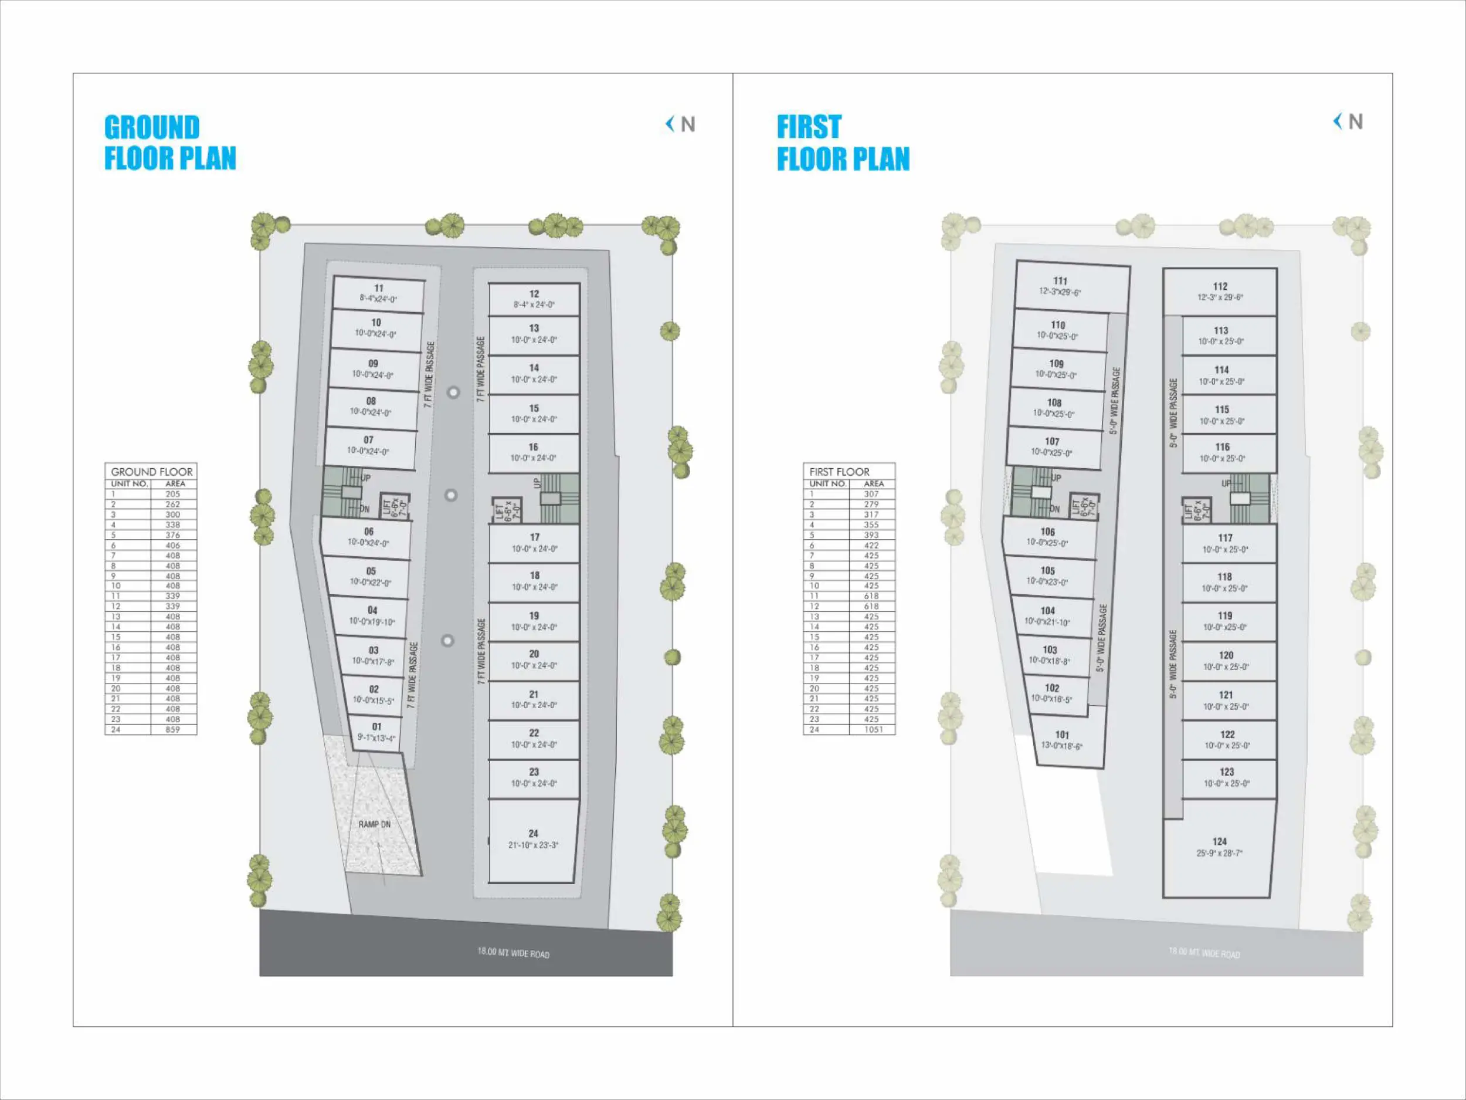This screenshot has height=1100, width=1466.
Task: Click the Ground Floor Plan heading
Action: [169, 143]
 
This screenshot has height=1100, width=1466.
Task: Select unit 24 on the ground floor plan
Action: [534, 839]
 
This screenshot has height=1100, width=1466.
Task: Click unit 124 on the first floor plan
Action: [1220, 847]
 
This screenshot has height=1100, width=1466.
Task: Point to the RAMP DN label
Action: [375, 824]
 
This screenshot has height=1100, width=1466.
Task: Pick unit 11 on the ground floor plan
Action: [378, 293]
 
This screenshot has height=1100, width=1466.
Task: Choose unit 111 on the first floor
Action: [1060, 286]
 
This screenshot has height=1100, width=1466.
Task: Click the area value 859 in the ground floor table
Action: [173, 729]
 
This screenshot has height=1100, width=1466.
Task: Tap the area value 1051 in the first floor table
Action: [873, 729]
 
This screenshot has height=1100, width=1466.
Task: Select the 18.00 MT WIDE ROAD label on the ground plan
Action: [513, 953]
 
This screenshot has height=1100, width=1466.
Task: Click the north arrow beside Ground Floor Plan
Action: [681, 124]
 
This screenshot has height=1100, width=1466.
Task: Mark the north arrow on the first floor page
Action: [1348, 121]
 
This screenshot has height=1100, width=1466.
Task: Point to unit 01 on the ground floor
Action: [376, 732]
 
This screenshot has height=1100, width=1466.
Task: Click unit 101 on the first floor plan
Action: [1062, 739]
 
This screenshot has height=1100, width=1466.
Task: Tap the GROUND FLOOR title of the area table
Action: [152, 472]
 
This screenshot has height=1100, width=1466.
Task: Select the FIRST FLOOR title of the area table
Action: [839, 472]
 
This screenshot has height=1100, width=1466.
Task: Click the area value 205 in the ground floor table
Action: [173, 494]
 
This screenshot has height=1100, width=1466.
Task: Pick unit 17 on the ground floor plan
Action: [534, 543]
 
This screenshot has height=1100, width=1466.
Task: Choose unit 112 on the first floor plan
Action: [1220, 291]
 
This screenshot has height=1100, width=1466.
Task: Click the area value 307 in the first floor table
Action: [871, 494]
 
